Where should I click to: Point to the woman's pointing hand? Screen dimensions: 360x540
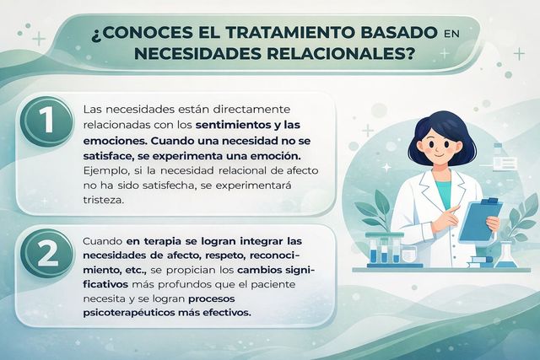tap(455, 209)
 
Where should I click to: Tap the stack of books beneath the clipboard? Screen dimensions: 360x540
tap(481, 261)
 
